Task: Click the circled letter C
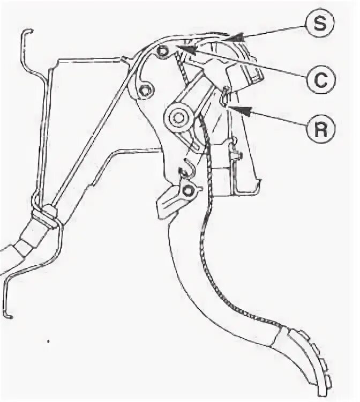(320, 80)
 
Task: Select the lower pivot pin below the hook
(187, 190)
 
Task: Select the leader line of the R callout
(273, 120)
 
